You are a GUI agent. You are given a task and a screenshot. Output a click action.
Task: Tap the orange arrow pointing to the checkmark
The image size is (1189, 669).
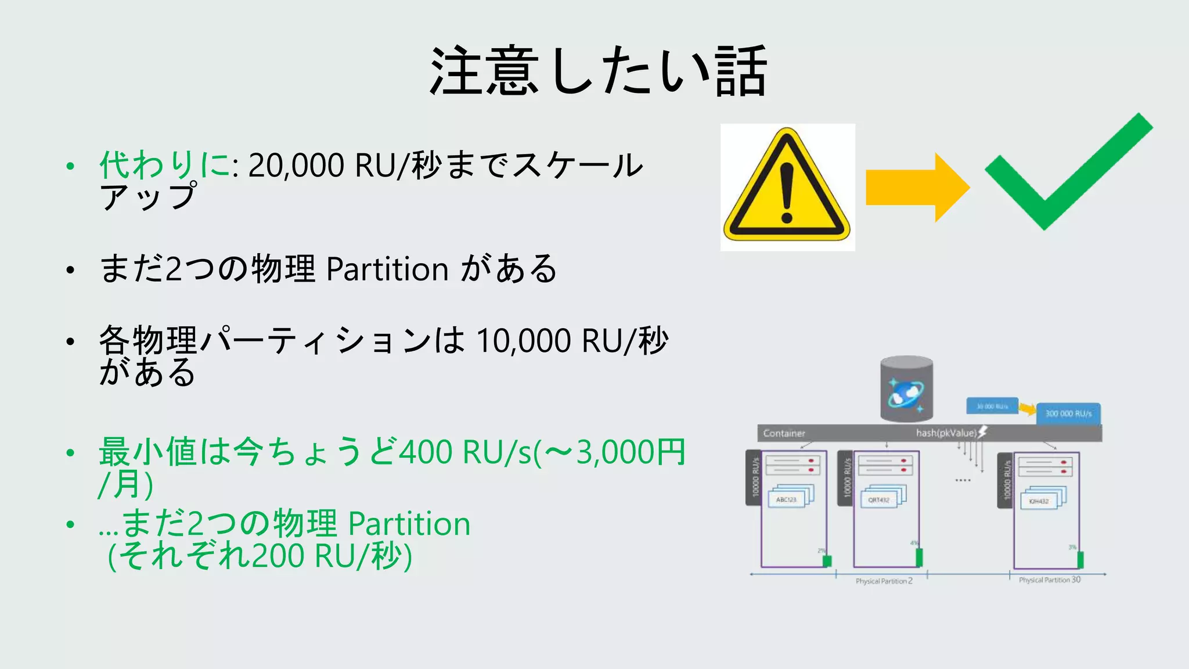pyautogui.click(x=916, y=187)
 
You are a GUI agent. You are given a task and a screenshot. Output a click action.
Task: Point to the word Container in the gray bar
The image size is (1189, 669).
pyautogui.click(x=784, y=433)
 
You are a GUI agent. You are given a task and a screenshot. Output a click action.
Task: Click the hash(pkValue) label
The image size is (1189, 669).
pyautogui.click(x=946, y=433)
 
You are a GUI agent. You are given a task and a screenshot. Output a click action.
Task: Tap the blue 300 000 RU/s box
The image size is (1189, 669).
pyautogui.click(x=1068, y=413)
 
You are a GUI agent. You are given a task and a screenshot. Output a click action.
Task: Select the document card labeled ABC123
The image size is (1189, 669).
pyautogui.click(x=787, y=499)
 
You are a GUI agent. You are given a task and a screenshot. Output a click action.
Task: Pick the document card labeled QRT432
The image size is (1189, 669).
pyautogui.click(x=879, y=499)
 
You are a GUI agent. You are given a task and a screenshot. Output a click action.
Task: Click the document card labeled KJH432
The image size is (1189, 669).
pyautogui.click(x=1039, y=501)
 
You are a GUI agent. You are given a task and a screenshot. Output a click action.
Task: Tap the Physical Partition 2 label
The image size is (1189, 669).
pyautogui.click(x=884, y=581)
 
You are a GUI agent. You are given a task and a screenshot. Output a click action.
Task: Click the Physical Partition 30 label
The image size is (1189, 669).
pyautogui.click(x=1050, y=580)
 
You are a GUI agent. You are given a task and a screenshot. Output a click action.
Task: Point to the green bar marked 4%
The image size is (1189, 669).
pyautogui.click(x=919, y=557)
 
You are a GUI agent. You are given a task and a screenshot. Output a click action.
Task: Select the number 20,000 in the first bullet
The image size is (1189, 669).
pyautogui.click(x=296, y=166)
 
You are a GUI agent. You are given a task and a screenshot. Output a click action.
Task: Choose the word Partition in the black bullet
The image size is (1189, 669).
pyautogui.click(x=387, y=269)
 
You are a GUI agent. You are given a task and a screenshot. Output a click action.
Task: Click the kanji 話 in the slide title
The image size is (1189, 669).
pyautogui.click(x=741, y=72)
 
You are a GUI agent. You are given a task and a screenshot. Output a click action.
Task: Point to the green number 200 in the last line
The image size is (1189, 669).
pyautogui.click(x=278, y=556)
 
